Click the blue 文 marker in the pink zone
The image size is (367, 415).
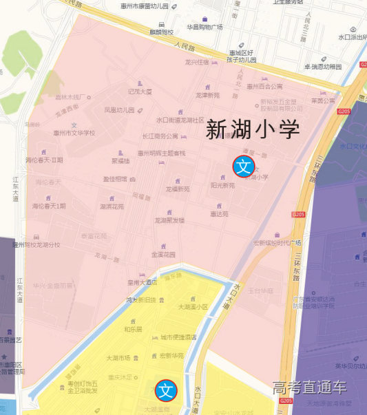tap(243, 165)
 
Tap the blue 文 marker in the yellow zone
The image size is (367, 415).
tap(165, 390)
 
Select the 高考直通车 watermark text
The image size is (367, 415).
tap(309, 387)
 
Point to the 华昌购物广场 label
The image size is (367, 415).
tap(205, 28)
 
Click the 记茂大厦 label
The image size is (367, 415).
tap(140, 91)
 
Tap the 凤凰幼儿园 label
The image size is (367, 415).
tap(118, 109)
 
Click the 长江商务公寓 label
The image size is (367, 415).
tap(160, 136)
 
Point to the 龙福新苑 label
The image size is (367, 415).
tap(177, 189)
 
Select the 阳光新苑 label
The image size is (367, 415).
tap(222, 185)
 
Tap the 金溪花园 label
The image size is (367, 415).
tap(163, 254)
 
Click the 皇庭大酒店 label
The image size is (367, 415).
tap(143, 281)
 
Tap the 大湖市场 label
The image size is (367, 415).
tap(118, 358)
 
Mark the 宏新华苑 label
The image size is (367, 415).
tap(171, 356)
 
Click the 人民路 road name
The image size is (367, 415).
tap(185, 47)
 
